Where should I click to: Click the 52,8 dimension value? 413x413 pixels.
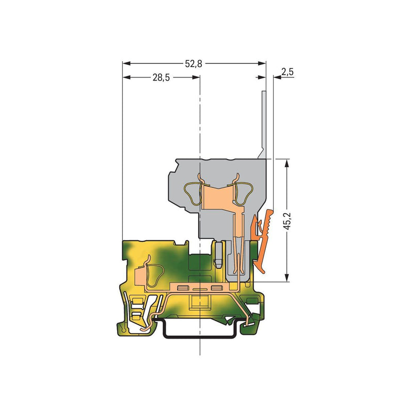coord(194,63)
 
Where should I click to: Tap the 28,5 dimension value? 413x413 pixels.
coord(161,77)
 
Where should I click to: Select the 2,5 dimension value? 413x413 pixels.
coord(288,72)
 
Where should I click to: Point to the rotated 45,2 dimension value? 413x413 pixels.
coord(287,220)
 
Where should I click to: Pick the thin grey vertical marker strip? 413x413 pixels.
coord(263,125)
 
